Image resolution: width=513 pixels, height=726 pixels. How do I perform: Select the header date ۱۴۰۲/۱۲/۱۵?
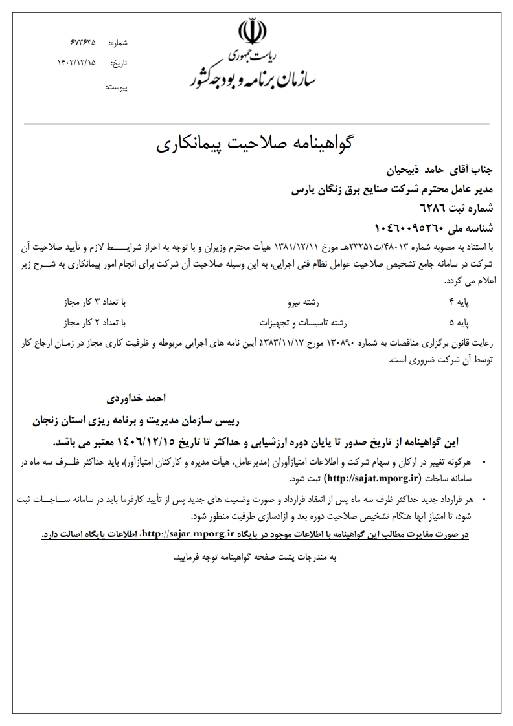[x=76, y=63]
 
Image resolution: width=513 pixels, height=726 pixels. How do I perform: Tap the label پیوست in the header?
[x=117, y=86]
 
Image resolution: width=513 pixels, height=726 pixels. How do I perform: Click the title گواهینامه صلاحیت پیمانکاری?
[x=257, y=143]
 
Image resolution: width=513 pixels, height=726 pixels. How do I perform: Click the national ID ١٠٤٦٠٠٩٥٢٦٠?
[x=409, y=228]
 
